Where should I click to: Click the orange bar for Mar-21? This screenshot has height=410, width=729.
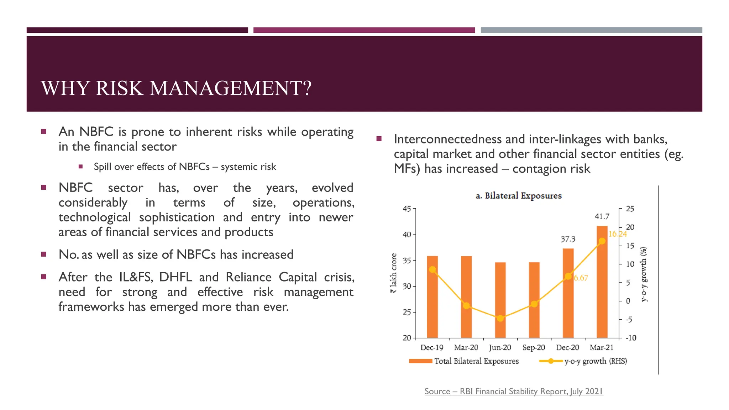(602, 285)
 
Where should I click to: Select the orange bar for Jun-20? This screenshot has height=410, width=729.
(500, 299)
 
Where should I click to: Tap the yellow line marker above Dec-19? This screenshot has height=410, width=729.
(432, 269)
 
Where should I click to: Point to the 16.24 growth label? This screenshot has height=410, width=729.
(617, 234)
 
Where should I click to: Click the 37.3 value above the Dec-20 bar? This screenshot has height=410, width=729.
(568, 239)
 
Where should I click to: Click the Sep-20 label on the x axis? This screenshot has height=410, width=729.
(534, 347)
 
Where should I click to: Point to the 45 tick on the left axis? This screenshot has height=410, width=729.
(407, 209)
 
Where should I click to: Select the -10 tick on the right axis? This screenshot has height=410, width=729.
(631, 338)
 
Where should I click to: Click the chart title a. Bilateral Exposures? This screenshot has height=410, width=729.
(518, 196)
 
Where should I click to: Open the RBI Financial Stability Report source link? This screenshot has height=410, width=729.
(514, 391)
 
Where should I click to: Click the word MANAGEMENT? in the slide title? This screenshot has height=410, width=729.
(230, 88)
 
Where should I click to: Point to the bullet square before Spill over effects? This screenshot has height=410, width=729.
(80, 167)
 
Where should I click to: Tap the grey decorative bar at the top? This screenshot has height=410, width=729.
(591, 30)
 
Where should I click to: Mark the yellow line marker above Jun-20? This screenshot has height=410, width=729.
(500, 318)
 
